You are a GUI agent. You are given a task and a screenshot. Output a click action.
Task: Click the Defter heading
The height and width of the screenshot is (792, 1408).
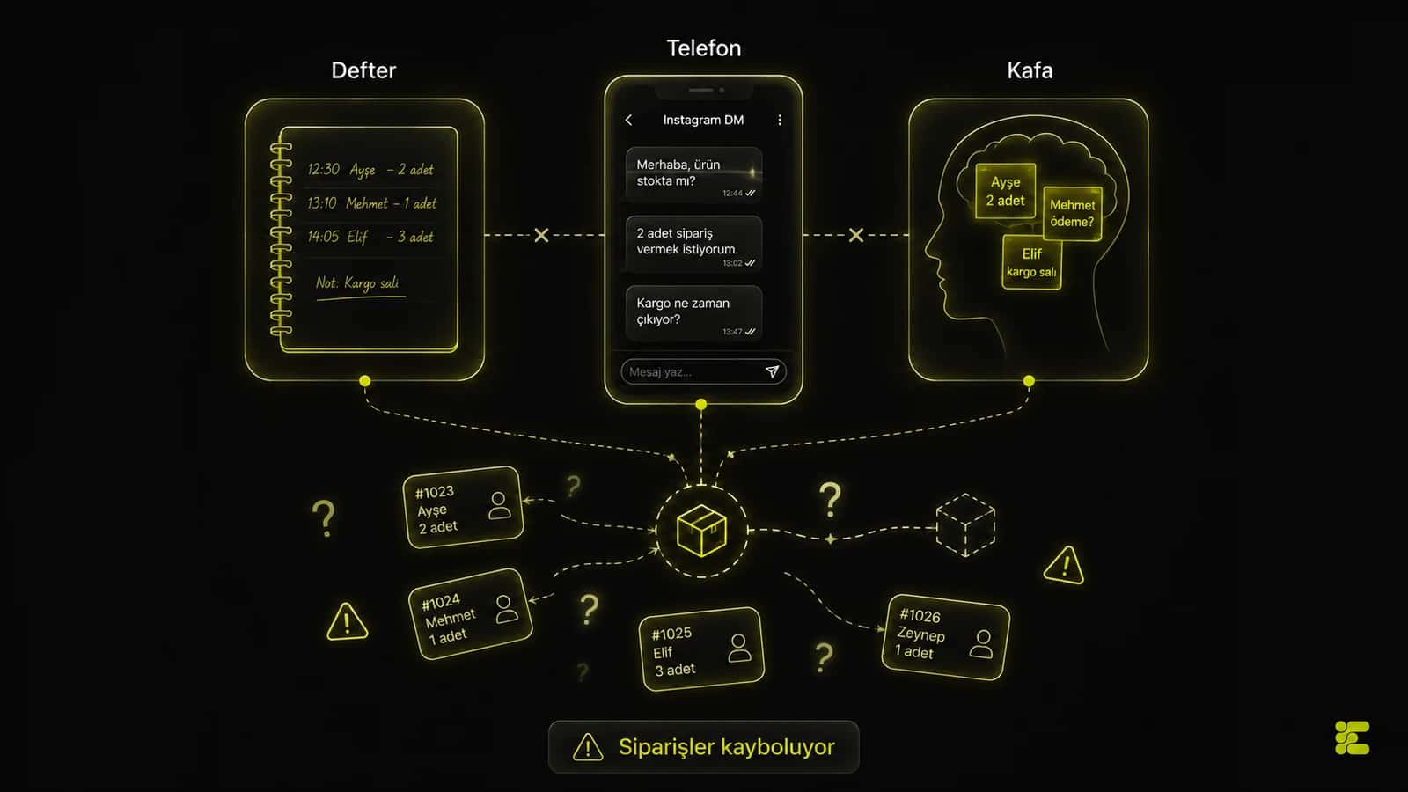pyautogui.click(x=363, y=70)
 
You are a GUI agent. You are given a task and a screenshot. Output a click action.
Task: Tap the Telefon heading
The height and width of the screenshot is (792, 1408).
pyautogui.click(x=703, y=48)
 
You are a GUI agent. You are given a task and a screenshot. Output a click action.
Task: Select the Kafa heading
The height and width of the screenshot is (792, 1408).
pyautogui.click(x=1030, y=70)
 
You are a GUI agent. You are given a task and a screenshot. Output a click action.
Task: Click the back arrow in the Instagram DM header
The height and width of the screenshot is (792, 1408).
pyautogui.click(x=628, y=120)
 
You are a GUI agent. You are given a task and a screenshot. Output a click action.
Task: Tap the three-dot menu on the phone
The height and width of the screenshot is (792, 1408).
pyautogui.click(x=780, y=120)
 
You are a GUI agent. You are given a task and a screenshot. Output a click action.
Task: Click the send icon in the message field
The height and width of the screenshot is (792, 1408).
pyautogui.click(x=772, y=371)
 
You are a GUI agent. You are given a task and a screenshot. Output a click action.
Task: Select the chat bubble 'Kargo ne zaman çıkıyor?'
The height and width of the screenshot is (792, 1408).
pyautogui.click(x=694, y=313)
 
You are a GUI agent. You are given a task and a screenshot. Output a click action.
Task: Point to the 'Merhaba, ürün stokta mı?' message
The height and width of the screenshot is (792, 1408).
pyautogui.click(x=694, y=175)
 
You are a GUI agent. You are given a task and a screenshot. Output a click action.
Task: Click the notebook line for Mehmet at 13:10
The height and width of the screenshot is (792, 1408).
pyautogui.click(x=371, y=203)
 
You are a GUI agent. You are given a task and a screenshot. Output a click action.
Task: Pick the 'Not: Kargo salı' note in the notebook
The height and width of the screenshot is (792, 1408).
pyautogui.click(x=357, y=283)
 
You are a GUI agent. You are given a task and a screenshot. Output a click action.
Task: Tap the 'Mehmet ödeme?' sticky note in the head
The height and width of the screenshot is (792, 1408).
pyautogui.click(x=1073, y=214)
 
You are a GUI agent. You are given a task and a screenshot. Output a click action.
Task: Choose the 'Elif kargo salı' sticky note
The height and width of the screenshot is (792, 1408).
pyautogui.click(x=1031, y=262)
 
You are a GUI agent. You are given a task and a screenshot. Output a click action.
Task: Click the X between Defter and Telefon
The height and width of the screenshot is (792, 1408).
pyautogui.click(x=541, y=235)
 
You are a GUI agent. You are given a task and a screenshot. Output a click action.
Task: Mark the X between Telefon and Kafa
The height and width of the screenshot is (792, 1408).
pyautogui.click(x=856, y=235)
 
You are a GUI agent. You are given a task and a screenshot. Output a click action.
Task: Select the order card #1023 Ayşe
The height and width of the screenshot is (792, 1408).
pyautogui.click(x=463, y=507)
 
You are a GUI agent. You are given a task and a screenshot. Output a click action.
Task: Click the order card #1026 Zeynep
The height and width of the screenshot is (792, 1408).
pyautogui.click(x=945, y=637)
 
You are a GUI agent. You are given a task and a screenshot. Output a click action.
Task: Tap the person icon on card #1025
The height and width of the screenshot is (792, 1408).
pyautogui.click(x=739, y=648)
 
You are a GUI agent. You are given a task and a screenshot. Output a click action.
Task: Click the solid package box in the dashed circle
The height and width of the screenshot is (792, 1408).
pyautogui.click(x=701, y=531)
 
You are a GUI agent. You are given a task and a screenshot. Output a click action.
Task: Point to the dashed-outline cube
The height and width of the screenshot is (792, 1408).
pyautogui.click(x=965, y=525)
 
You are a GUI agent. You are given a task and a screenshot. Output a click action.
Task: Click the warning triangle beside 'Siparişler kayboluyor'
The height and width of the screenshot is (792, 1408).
pyautogui.click(x=588, y=747)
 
